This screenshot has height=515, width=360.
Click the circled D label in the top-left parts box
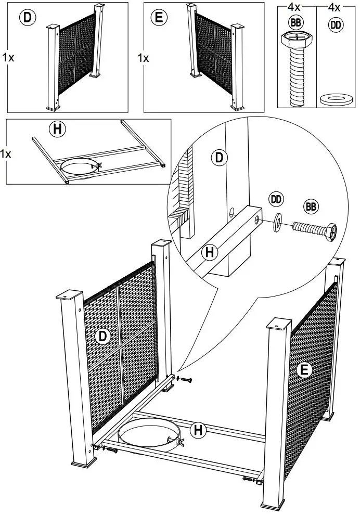click(x=27, y=18)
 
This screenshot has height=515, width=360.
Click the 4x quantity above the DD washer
click(x=335, y=8)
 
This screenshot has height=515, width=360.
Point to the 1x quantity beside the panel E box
click(x=144, y=58)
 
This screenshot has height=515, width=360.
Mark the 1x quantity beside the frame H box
click(x=6, y=154)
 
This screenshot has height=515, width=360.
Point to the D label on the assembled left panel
click(x=102, y=337)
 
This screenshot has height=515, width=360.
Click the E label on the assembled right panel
click(x=305, y=370)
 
